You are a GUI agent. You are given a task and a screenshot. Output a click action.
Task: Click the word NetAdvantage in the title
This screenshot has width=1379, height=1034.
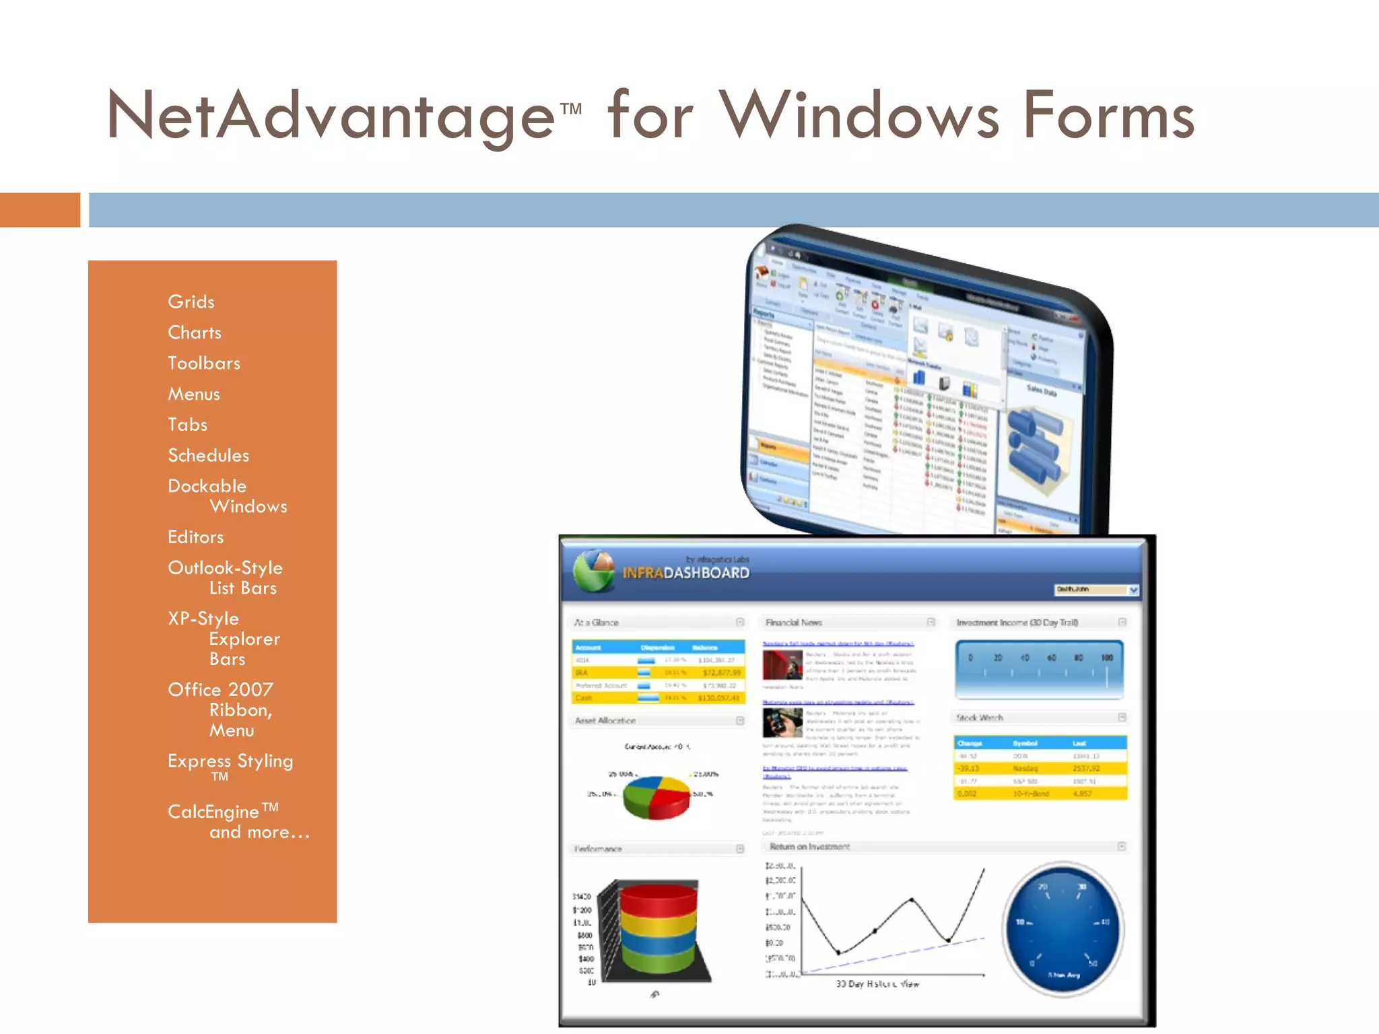coord(330,116)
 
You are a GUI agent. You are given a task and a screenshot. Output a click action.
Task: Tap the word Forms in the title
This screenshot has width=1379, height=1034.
coord(1108,116)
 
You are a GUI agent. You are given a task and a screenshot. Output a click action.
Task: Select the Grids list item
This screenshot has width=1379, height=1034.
coord(191,302)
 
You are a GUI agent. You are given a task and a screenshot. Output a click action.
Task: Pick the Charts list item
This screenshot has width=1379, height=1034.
coord(195,333)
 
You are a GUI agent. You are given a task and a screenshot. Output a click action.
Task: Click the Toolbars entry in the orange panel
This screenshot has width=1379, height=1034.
coord(204,364)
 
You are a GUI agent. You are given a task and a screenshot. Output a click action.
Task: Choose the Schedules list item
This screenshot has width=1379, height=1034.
coord(209,456)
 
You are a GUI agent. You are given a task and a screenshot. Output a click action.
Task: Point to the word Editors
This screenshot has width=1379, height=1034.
coord(196,537)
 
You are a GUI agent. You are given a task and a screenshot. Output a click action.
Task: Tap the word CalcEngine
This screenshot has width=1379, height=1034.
coord(213,812)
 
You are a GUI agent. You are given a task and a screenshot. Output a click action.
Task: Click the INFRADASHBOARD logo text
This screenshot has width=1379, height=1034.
coord(685,573)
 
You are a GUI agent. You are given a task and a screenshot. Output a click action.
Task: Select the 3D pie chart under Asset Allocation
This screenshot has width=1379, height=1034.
coord(656,797)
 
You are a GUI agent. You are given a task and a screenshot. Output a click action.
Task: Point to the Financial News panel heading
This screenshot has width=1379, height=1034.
coord(794,623)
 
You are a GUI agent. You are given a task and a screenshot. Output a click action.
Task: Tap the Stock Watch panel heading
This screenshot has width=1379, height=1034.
coord(980,718)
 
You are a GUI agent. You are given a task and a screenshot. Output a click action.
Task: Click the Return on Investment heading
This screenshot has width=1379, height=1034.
coord(810,847)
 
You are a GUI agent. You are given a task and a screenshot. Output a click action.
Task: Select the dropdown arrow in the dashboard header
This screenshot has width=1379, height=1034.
coord(1134,590)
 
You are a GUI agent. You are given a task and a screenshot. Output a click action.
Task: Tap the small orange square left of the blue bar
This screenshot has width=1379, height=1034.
coord(40,210)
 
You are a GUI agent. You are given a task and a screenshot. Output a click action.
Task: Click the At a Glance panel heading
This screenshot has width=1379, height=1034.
coord(597,623)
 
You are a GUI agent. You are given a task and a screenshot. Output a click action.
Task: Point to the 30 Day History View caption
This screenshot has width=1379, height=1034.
coord(877,984)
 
